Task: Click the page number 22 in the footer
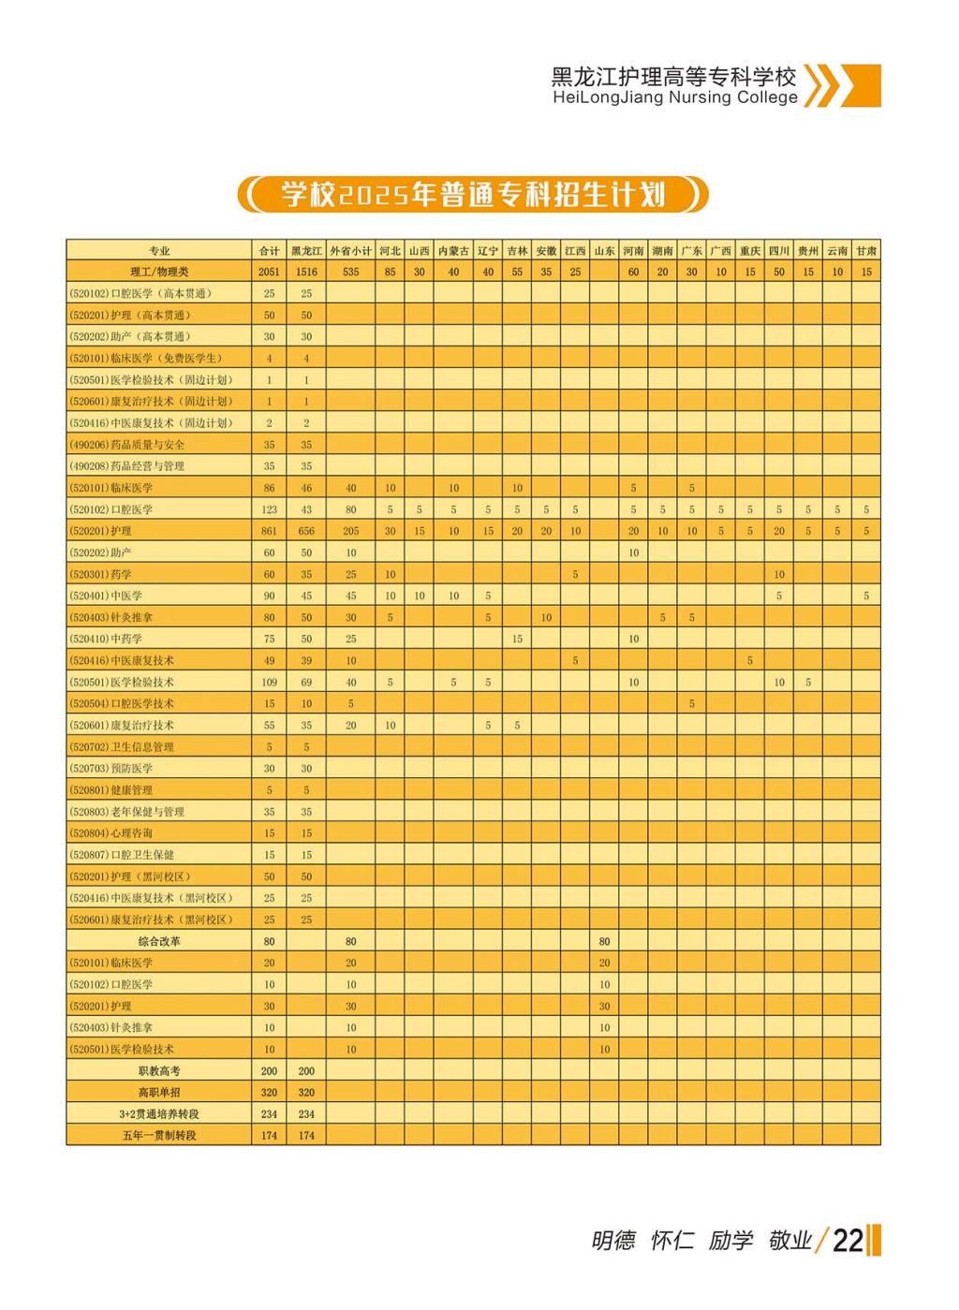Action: coord(847,1240)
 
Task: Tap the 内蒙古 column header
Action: coord(453,251)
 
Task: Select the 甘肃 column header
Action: coord(866,251)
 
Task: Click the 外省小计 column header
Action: coord(350,251)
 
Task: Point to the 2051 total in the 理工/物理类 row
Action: coord(269,272)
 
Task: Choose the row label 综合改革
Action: coord(159,941)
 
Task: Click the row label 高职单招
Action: coord(159,1092)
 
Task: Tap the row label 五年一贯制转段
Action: coord(159,1135)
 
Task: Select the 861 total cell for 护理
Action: coord(269,531)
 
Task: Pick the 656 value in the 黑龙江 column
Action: coord(306,531)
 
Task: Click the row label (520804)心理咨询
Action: coord(111,832)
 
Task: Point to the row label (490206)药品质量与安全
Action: coord(127,445)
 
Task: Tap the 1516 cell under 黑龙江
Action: coord(306,272)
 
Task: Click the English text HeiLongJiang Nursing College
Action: coord(674,97)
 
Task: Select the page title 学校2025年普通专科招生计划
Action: coord(473,195)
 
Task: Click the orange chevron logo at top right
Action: coord(842,86)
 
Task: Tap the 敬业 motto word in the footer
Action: coord(789,1241)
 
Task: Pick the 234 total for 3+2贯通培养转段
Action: coord(269,1113)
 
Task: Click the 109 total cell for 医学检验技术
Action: coord(269,682)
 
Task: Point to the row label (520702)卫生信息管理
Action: coord(122,746)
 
